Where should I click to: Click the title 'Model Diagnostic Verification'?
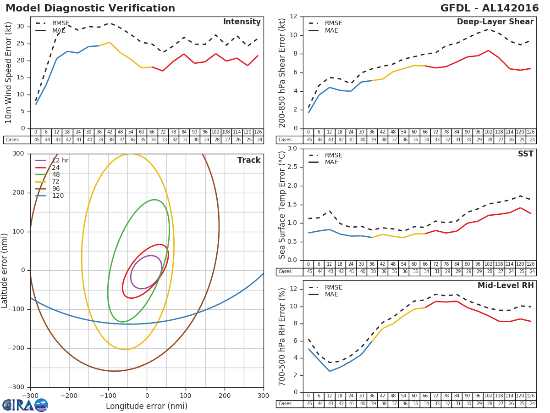coord(90,8)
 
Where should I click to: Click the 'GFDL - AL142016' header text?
coord(489,8)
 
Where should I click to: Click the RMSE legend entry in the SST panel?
coord(333,155)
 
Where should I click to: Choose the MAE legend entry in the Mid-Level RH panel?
coord(331,294)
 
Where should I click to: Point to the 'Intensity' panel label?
coord(242,22)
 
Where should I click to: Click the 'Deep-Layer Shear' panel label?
coord(495,22)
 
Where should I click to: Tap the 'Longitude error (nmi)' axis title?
coord(147,406)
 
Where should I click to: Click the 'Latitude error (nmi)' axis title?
coord(5,271)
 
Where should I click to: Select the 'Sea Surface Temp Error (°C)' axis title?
coord(282,205)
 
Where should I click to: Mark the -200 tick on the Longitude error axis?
coord(69,396)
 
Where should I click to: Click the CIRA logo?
coord(25,405)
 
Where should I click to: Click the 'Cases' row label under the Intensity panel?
coord(12,140)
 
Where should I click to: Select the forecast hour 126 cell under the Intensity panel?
coord(258,132)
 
